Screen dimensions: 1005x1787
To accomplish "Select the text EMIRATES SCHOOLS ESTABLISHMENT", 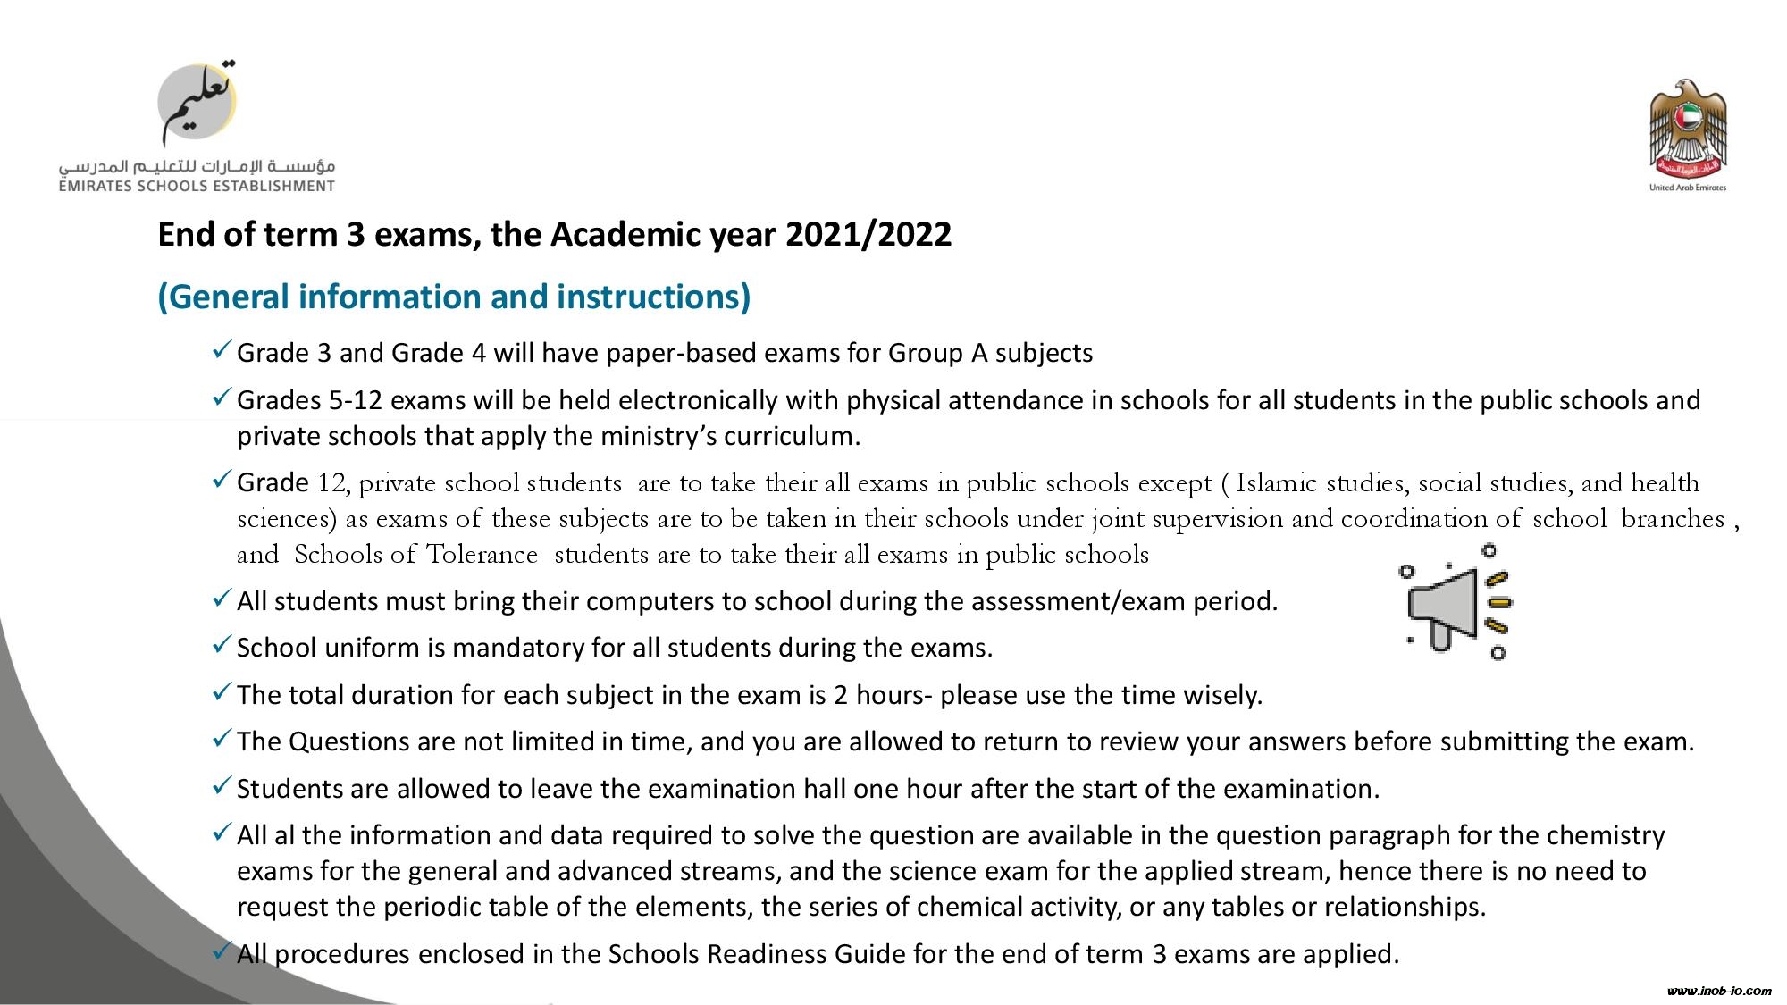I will pyautogui.click(x=197, y=186).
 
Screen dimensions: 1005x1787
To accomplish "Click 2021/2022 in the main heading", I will pyautogui.click(x=868, y=234).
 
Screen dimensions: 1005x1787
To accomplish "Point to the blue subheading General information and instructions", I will pyautogui.click(x=454, y=297).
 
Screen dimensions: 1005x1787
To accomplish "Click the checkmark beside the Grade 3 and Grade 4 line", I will pyautogui.click(x=222, y=350).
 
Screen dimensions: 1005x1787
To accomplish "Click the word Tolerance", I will pyautogui.click(x=482, y=555).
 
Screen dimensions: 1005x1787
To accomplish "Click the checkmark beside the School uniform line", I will pyautogui.click(x=222, y=645).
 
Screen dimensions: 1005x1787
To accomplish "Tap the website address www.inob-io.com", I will pyautogui.click(x=1719, y=991).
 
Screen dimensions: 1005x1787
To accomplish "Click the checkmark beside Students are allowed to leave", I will pyautogui.click(x=222, y=786).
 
